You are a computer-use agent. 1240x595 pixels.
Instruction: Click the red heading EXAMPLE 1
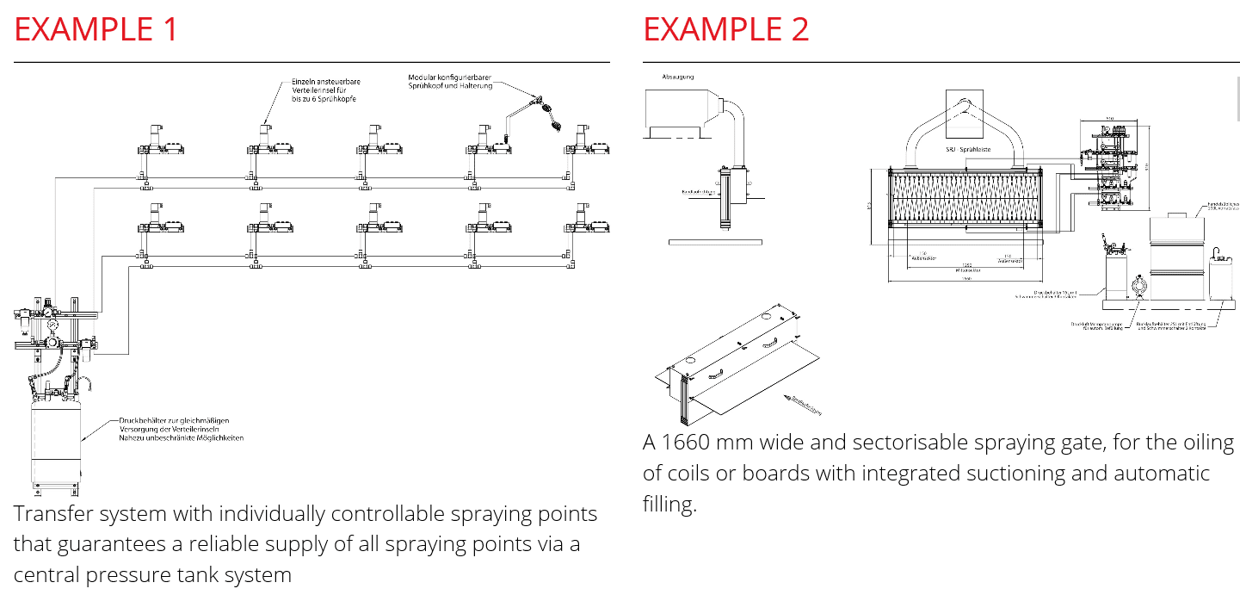96,29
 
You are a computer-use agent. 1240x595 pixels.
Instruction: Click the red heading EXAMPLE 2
725,29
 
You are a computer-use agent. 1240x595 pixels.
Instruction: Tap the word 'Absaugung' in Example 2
677,77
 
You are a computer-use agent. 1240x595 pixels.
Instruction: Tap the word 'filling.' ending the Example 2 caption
669,504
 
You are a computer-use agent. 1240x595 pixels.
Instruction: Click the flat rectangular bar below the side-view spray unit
714,242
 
